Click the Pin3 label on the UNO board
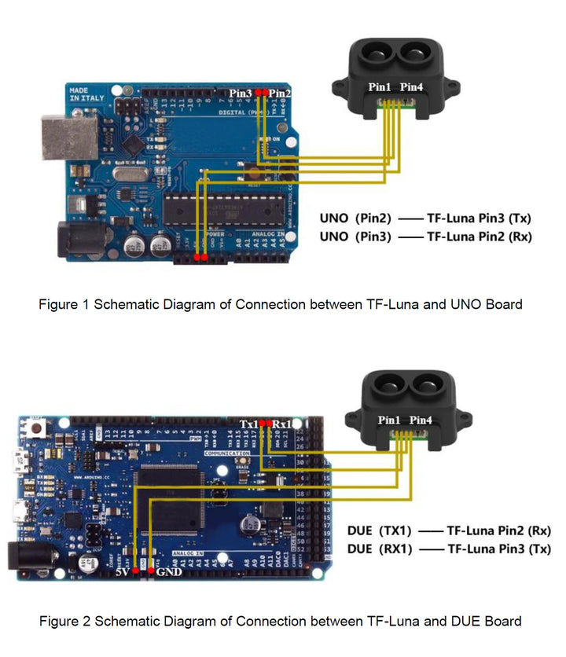(x=240, y=93)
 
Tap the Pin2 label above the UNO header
(x=280, y=93)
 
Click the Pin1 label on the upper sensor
(x=381, y=86)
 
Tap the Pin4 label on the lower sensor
(x=421, y=420)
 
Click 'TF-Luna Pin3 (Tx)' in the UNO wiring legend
(x=479, y=217)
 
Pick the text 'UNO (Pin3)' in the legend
(x=355, y=235)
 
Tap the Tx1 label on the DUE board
(x=249, y=424)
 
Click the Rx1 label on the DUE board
(x=282, y=424)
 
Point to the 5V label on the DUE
(x=121, y=571)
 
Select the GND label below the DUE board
(x=169, y=571)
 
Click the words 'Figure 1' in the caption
(x=64, y=304)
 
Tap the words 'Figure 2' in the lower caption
(x=65, y=621)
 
